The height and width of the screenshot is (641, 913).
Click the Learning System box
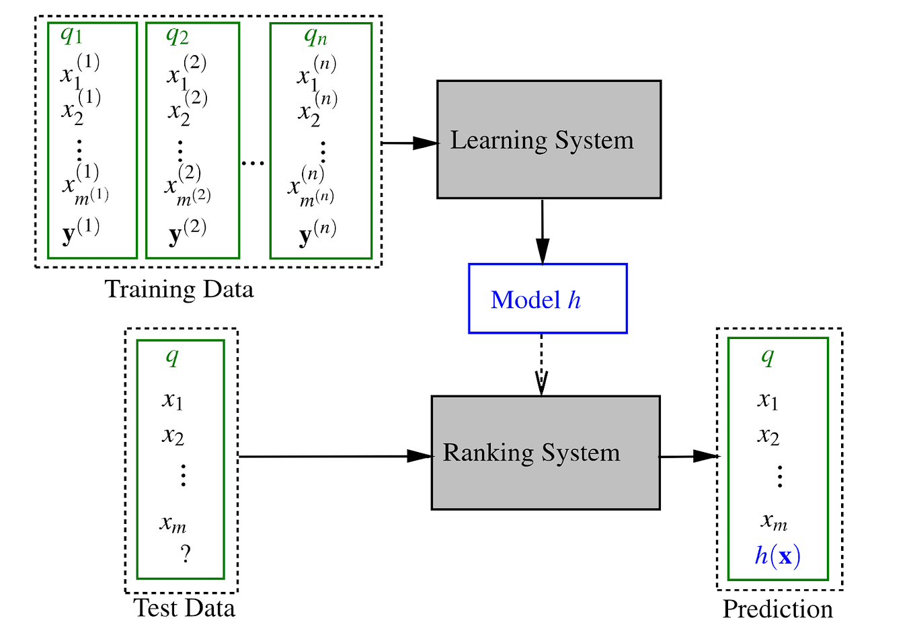point(549,139)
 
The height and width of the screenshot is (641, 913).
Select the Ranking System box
point(545,452)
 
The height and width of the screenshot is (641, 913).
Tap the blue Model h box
point(547,299)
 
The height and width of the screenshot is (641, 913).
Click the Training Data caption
point(179,289)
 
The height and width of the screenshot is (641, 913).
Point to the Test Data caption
point(184,608)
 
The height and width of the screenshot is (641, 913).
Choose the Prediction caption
point(777,609)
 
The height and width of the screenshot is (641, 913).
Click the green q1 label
point(71,35)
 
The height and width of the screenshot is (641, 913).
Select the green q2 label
point(177,35)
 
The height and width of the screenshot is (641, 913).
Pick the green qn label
point(315,36)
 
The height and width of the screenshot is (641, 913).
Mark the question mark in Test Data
point(186,554)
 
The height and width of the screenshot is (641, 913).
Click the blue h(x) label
point(777,556)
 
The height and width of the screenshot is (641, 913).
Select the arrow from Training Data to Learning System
point(409,143)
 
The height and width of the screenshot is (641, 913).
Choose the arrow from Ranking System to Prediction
point(688,456)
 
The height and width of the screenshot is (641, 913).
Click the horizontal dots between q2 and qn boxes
point(253,163)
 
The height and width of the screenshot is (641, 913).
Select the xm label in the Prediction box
point(774,521)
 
